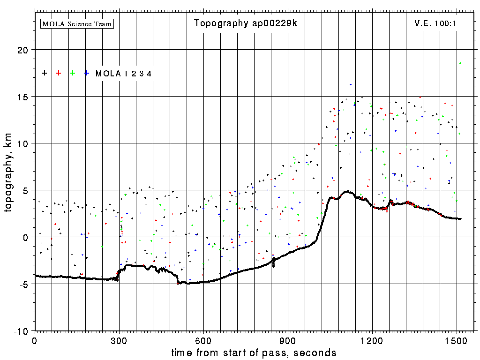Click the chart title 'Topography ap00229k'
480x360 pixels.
[246, 23]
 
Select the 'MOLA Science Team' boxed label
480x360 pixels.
[77, 23]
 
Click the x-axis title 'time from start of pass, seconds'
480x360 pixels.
[254, 352]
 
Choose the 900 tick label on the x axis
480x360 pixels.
[288, 340]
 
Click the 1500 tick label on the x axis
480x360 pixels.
[457, 340]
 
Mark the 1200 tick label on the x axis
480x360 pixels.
[372, 340]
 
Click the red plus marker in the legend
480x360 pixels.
[59, 73]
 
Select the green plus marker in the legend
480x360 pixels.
[73, 73]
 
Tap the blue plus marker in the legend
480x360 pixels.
[87, 73]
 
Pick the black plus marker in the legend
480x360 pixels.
[45, 73]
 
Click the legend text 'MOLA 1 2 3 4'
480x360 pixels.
[123, 74]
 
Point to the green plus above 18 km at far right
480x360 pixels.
[460, 63]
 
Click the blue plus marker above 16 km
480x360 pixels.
[350, 85]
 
